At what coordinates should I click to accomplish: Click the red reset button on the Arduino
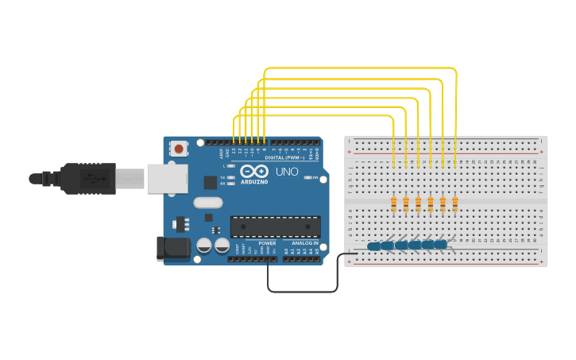click(180, 149)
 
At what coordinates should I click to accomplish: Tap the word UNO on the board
click(287, 172)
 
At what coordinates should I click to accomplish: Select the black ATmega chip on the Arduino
click(275, 226)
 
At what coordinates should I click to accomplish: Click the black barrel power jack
click(173, 249)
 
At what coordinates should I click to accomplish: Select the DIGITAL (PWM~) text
click(274, 157)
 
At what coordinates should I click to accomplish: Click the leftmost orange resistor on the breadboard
click(394, 205)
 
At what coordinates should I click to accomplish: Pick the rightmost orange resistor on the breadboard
click(455, 205)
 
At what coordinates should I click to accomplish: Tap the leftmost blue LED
click(373, 246)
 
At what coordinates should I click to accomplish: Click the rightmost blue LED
click(441, 244)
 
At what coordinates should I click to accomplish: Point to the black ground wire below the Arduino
click(302, 291)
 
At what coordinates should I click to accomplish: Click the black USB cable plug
click(87, 178)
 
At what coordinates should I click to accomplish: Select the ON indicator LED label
click(316, 176)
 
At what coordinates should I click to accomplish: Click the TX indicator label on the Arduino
click(223, 177)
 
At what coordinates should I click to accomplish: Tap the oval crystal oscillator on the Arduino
click(208, 202)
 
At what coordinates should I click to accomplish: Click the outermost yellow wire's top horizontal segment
click(358, 69)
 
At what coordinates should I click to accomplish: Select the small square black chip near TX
click(210, 182)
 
